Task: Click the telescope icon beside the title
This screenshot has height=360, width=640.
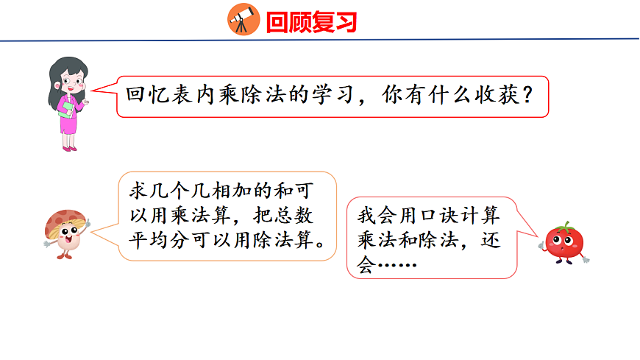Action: click(x=243, y=19)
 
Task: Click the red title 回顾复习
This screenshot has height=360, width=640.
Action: click(x=311, y=22)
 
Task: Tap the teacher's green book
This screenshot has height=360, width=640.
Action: click(x=67, y=108)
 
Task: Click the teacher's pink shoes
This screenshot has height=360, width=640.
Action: click(x=69, y=148)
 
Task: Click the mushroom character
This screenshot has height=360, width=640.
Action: click(x=65, y=232)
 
